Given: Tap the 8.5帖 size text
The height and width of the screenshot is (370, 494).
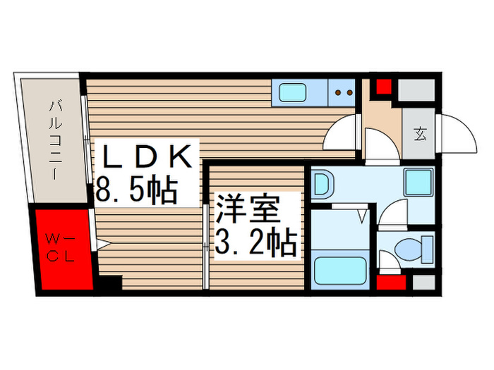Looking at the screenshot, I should (136, 190).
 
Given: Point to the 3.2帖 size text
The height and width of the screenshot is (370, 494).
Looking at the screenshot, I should (255, 243).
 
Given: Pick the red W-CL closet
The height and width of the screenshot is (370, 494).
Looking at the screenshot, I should (61, 248).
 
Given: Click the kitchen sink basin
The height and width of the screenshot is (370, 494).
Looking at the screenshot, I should (291, 92).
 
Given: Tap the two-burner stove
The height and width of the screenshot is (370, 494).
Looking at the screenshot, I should (344, 92).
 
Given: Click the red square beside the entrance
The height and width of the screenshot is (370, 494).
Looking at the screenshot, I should (382, 89).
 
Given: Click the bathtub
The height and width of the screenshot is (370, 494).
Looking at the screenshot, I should (339, 270).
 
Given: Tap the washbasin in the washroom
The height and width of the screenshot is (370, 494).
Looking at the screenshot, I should (323, 185).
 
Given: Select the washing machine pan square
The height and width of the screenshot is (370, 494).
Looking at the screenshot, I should (417, 184).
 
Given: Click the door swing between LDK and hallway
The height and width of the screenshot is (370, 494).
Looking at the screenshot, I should (346, 131).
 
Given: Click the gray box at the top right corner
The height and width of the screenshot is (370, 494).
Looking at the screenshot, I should (416, 90).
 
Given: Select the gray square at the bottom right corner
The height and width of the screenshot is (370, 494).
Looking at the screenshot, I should (423, 283).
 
